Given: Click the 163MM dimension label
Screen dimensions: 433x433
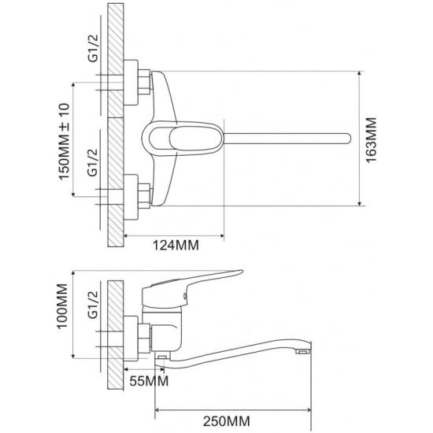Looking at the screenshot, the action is tap(372, 140).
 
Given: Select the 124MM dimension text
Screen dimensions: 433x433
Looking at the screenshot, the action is tap(176, 245).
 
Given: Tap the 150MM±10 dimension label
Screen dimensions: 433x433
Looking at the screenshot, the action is tap(64, 142).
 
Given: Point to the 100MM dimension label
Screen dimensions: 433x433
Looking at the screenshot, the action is tap(62, 306).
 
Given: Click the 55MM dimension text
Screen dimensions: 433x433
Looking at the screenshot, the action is tap(149, 381).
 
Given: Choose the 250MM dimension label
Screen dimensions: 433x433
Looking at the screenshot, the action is tap(227, 421).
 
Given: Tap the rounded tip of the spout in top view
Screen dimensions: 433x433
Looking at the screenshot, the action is tap(349, 138).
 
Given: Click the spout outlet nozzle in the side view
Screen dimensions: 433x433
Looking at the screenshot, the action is tap(303, 352).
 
